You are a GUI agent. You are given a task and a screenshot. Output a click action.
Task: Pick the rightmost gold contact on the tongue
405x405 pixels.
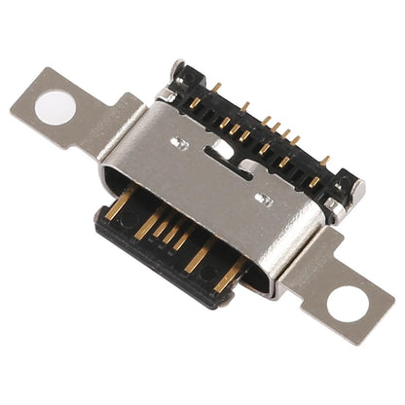tap(231, 276)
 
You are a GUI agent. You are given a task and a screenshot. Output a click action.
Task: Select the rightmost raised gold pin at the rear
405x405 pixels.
tap(324, 160)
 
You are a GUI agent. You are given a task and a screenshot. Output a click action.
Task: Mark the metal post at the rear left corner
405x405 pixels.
tap(176, 70)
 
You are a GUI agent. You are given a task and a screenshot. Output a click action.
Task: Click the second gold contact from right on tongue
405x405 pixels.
tap(201, 258)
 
